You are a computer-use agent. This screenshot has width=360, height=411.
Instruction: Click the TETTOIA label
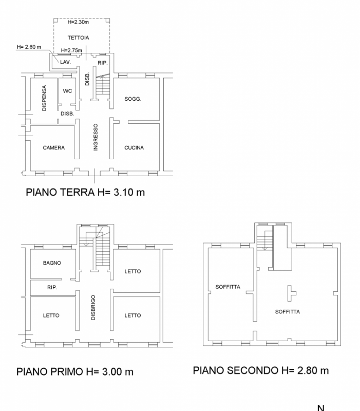pos(79,38)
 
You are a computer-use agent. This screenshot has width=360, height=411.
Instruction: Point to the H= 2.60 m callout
pos(29,47)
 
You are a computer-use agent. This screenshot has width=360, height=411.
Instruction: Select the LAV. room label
pos(65,62)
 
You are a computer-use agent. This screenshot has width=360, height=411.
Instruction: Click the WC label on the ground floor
pos(67,91)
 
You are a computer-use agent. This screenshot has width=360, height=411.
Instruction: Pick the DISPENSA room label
pos(44,98)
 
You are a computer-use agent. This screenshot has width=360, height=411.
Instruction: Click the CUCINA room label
pos(134,147)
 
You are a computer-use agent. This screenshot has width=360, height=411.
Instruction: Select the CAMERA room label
pos(53,147)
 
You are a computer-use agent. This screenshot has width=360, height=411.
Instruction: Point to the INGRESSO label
pos(95,137)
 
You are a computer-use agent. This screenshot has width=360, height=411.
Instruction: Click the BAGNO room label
pos(52,263)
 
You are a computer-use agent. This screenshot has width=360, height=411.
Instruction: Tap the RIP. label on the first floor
pos(52,288)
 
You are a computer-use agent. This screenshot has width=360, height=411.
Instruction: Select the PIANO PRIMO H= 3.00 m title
pos(75,371)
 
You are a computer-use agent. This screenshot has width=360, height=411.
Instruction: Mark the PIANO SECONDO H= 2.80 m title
pos(261,370)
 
